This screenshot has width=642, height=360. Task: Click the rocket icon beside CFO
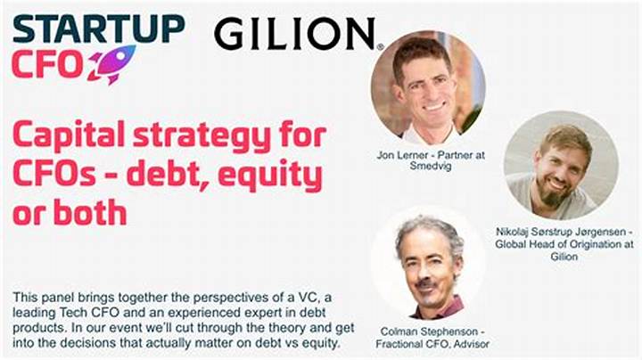coord(111,65)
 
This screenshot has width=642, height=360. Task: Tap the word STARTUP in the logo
coord(99,29)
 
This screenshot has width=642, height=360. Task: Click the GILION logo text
coord(295,34)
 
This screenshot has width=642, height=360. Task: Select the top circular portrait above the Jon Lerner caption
coord(428,87)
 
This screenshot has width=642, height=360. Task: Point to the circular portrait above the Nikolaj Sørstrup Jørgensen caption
coord(562,165)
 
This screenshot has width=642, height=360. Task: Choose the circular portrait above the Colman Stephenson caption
coord(428,263)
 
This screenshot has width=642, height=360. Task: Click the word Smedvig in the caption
coord(431,166)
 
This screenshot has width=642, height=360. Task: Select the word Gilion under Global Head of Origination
coord(564,257)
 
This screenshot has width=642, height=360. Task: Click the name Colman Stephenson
coord(429,331)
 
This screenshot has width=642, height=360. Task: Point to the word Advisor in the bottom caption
coord(471,344)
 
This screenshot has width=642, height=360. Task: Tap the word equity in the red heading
coord(270,176)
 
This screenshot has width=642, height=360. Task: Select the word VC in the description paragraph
coord(307,298)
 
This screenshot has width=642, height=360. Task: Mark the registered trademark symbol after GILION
coord(380,47)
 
